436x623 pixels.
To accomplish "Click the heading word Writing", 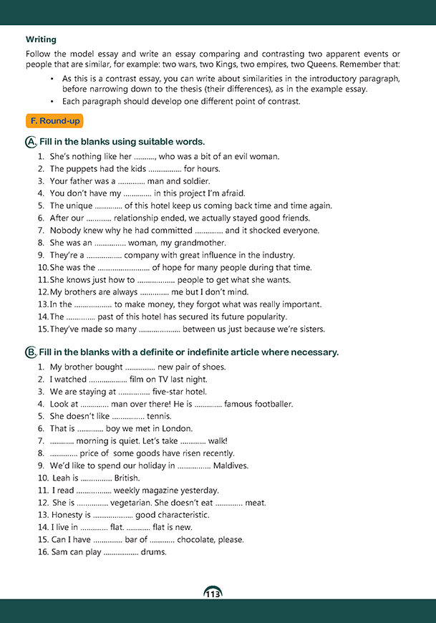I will [41, 39].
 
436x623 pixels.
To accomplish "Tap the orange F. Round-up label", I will [54, 120].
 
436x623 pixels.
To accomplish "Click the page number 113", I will [213, 594].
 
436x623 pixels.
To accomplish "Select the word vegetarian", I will [142, 503].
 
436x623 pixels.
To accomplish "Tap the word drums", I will [154, 551].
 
